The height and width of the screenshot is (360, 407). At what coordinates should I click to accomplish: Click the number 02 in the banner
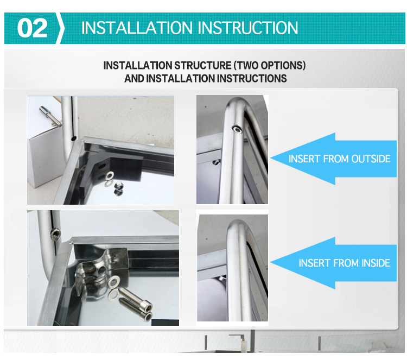pyautogui.click(x=32, y=28)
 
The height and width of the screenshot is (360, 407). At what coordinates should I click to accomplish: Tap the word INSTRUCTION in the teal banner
pyautogui.click(x=249, y=28)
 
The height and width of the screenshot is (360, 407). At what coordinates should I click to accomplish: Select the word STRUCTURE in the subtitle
pyautogui.click(x=202, y=66)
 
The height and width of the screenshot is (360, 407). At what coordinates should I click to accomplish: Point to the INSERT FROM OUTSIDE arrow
pyautogui.click(x=333, y=159)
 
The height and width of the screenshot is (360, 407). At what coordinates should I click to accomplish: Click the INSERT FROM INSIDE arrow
pyautogui.click(x=333, y=263)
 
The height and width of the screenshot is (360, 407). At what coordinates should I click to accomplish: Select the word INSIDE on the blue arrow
pyautogui.click(x=376, y=263)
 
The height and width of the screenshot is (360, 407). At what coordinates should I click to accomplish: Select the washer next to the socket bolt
pyautogui.click(x=114, y=283)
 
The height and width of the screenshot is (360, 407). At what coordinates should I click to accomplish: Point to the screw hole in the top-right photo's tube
pyautogui.click(x=237, y=129)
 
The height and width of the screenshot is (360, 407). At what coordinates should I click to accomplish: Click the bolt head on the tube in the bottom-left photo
pyautogui.click(x=55, y=233)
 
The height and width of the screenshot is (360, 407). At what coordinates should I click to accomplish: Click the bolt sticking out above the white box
pyautogui.click(x=50, y=115)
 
